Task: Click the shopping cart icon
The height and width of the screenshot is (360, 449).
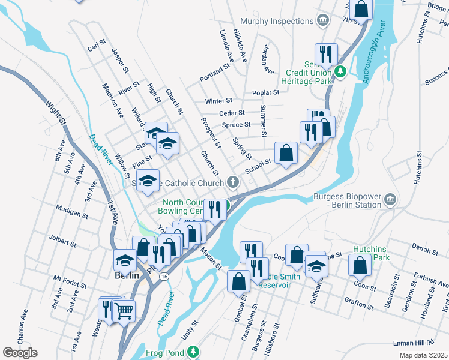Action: click(x=124, y=310)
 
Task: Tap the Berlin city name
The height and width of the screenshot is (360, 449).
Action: click(x=127, y=275)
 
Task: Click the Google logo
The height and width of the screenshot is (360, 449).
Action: click(x=20, y=353)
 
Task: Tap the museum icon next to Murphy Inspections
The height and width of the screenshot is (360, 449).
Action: click(x=323, y=21)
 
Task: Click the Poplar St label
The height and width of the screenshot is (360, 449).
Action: click(x=266, y=92)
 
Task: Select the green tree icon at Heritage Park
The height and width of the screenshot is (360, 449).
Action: click(x=340, y=71)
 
